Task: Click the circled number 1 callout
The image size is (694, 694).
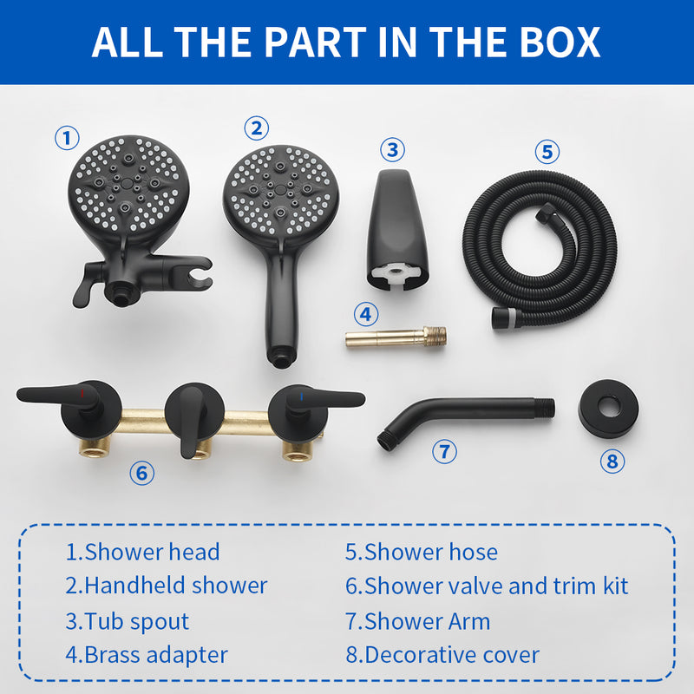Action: pyautogui.click(x=67, y=137)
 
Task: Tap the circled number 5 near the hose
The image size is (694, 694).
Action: pyautogui.click(x=547, y=152)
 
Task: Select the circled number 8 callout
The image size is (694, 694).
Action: pyautogui.click(x=612, y=461)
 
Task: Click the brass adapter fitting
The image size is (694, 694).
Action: pyautogui.click(x=396, y=336)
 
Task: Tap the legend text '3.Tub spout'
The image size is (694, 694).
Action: pyautogui.click(x=127, y=621)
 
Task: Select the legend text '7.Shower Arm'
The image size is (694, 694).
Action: pyautogui.click(x=417, y=621)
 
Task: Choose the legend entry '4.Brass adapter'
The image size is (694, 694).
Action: pyautogui.click(x=147, y=655)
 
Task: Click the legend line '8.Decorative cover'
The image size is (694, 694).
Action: pyautogui.click(x=442, y=655)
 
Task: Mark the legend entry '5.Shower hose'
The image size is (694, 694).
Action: pyautogui.click(x=422, y=552)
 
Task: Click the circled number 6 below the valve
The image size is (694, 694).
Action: pyautogui.click(x=141, y=473)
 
